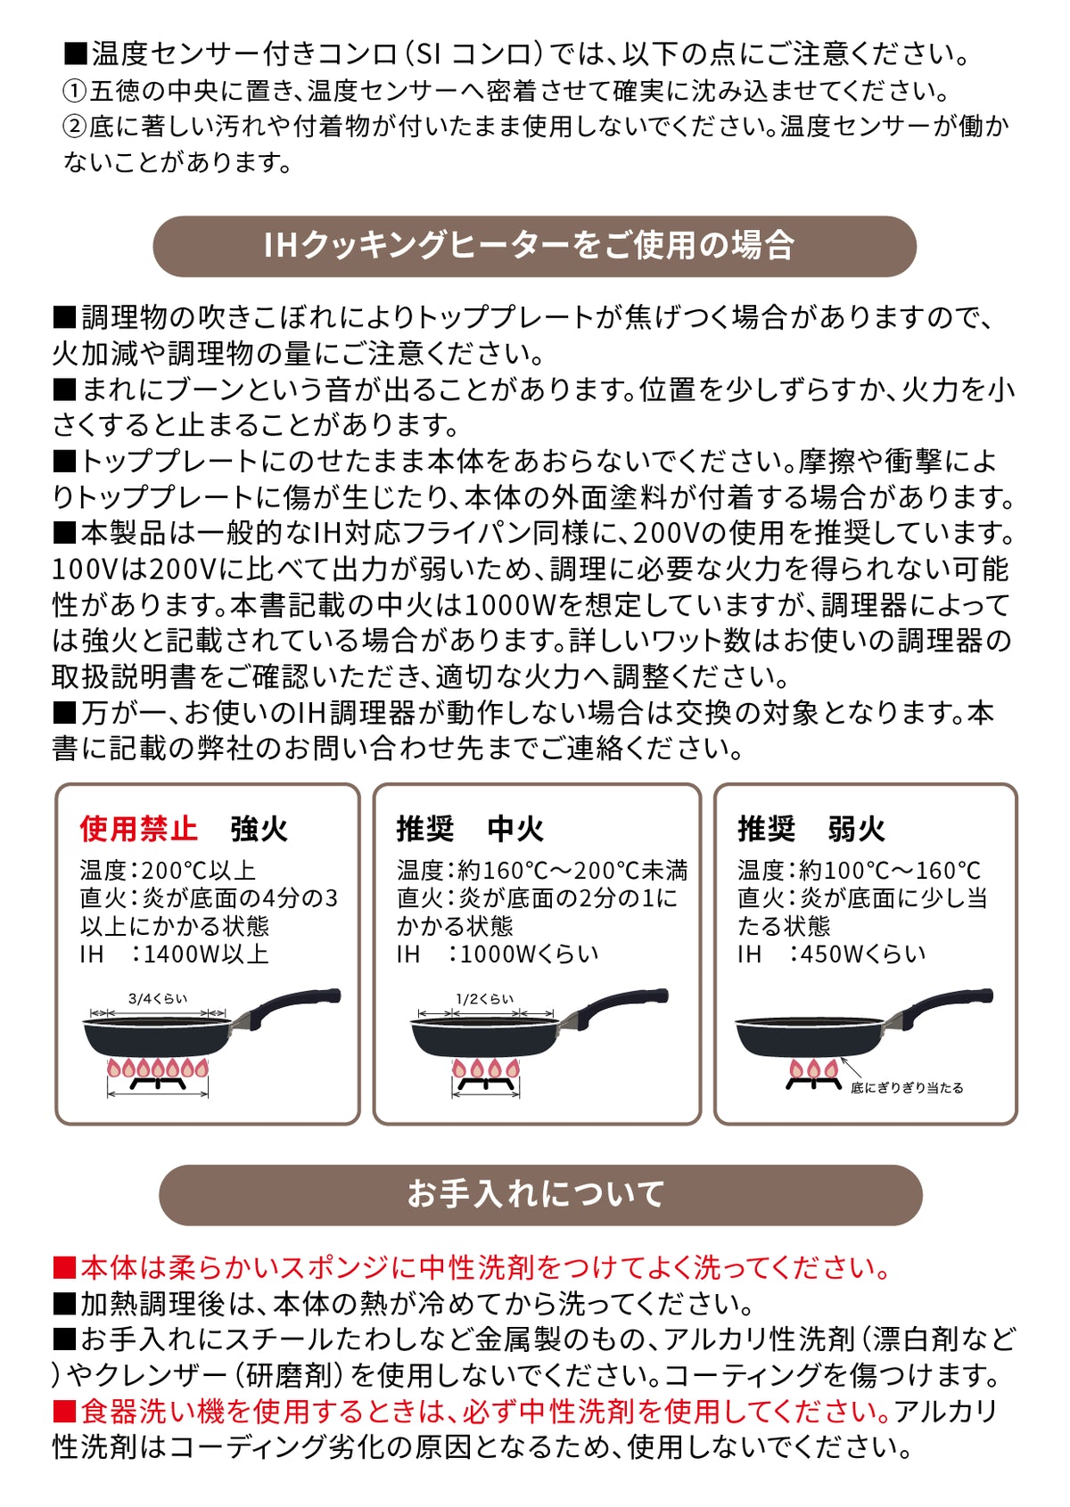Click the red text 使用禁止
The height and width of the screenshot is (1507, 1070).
(138, 828)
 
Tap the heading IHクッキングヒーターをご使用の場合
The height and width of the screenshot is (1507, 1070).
(530, 245)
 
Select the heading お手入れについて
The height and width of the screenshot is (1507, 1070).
(536, 1192)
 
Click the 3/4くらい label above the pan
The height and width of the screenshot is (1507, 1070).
(158, 998)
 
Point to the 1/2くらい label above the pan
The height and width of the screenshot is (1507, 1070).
(484, 998)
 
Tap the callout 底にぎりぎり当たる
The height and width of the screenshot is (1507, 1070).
(907, 1088)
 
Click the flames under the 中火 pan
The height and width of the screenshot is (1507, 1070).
(486, 1068)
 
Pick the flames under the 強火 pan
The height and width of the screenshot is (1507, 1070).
(158, 1068)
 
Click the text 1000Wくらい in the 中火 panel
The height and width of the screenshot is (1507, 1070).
(528, 954)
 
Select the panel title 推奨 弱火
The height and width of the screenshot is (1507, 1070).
(811, 828)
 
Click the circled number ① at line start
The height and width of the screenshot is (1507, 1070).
(76, 92)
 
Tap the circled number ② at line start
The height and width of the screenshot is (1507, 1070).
(76, 127)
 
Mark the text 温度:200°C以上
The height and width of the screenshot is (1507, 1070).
(169, 871)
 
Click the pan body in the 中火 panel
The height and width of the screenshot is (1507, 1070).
(486, 1037)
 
